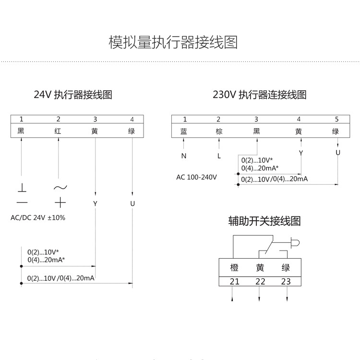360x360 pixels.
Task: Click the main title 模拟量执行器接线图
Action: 173,42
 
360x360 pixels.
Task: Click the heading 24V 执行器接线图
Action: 73,95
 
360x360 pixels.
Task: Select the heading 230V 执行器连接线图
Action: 260,95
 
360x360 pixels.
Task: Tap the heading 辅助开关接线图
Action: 264,221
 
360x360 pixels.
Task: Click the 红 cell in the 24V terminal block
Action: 58,131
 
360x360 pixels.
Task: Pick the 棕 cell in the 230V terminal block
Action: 219,132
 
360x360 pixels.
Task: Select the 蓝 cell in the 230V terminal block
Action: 184,132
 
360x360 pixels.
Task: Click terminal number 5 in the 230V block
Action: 336,119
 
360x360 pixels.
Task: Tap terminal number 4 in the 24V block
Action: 132,119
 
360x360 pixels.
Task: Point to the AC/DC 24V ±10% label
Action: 38,217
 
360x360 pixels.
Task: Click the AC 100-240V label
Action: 196,177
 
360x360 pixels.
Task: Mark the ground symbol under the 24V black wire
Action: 22,188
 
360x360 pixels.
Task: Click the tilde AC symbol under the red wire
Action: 60,188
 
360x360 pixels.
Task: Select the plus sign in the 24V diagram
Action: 60,203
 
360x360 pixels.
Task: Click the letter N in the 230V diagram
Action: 184,156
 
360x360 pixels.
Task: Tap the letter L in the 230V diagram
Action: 219,156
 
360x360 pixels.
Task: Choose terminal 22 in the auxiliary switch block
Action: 260,281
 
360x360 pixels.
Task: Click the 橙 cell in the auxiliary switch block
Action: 234,267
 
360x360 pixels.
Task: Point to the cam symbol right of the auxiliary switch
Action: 295,243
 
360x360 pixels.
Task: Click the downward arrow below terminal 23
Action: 287,294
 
